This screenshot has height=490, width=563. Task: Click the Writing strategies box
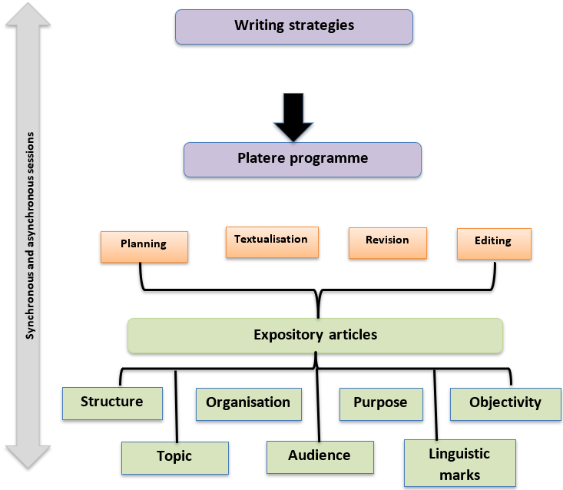tap(294, 26)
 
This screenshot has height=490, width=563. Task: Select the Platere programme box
tap(302, 160)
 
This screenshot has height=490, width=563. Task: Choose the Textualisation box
tap(271, 240)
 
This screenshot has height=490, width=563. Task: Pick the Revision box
tap(387, 241)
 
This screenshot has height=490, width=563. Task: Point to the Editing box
tap(493, 243)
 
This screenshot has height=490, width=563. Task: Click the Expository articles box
tap(315, 336)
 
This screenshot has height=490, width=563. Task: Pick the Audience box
tap(320, 457)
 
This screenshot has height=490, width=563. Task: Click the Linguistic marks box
tap(459, 463)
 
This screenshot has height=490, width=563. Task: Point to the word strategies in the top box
tap(323, 25)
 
